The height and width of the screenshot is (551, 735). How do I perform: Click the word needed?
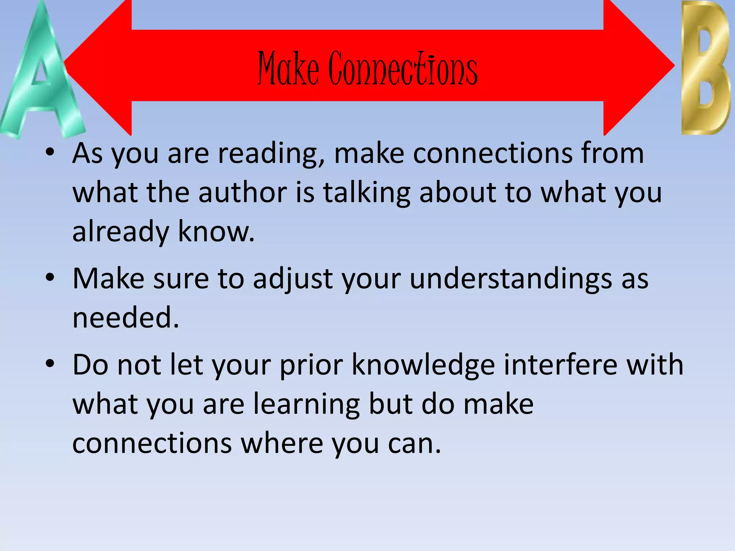125,318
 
